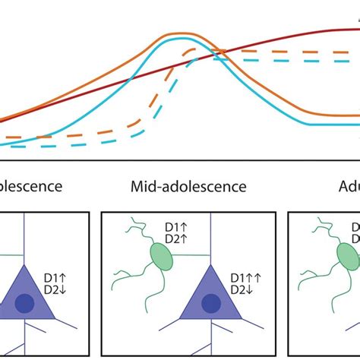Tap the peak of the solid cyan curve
(178, 43)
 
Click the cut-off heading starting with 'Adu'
(349, 186)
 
